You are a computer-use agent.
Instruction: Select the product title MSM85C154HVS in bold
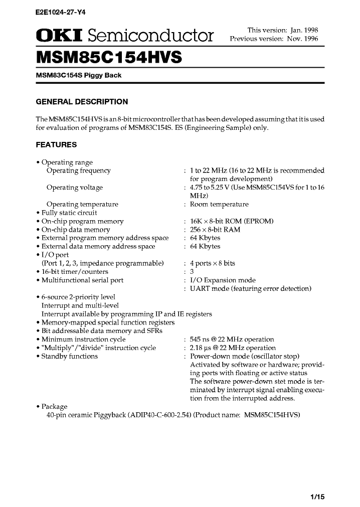108,58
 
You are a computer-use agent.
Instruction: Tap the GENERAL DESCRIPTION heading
82,102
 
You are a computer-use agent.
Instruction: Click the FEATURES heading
56,145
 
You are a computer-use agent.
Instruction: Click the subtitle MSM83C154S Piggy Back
79,76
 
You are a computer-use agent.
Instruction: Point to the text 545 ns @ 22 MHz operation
232,340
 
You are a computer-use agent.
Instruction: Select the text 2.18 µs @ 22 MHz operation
233,348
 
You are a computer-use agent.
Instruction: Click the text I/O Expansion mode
223,280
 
